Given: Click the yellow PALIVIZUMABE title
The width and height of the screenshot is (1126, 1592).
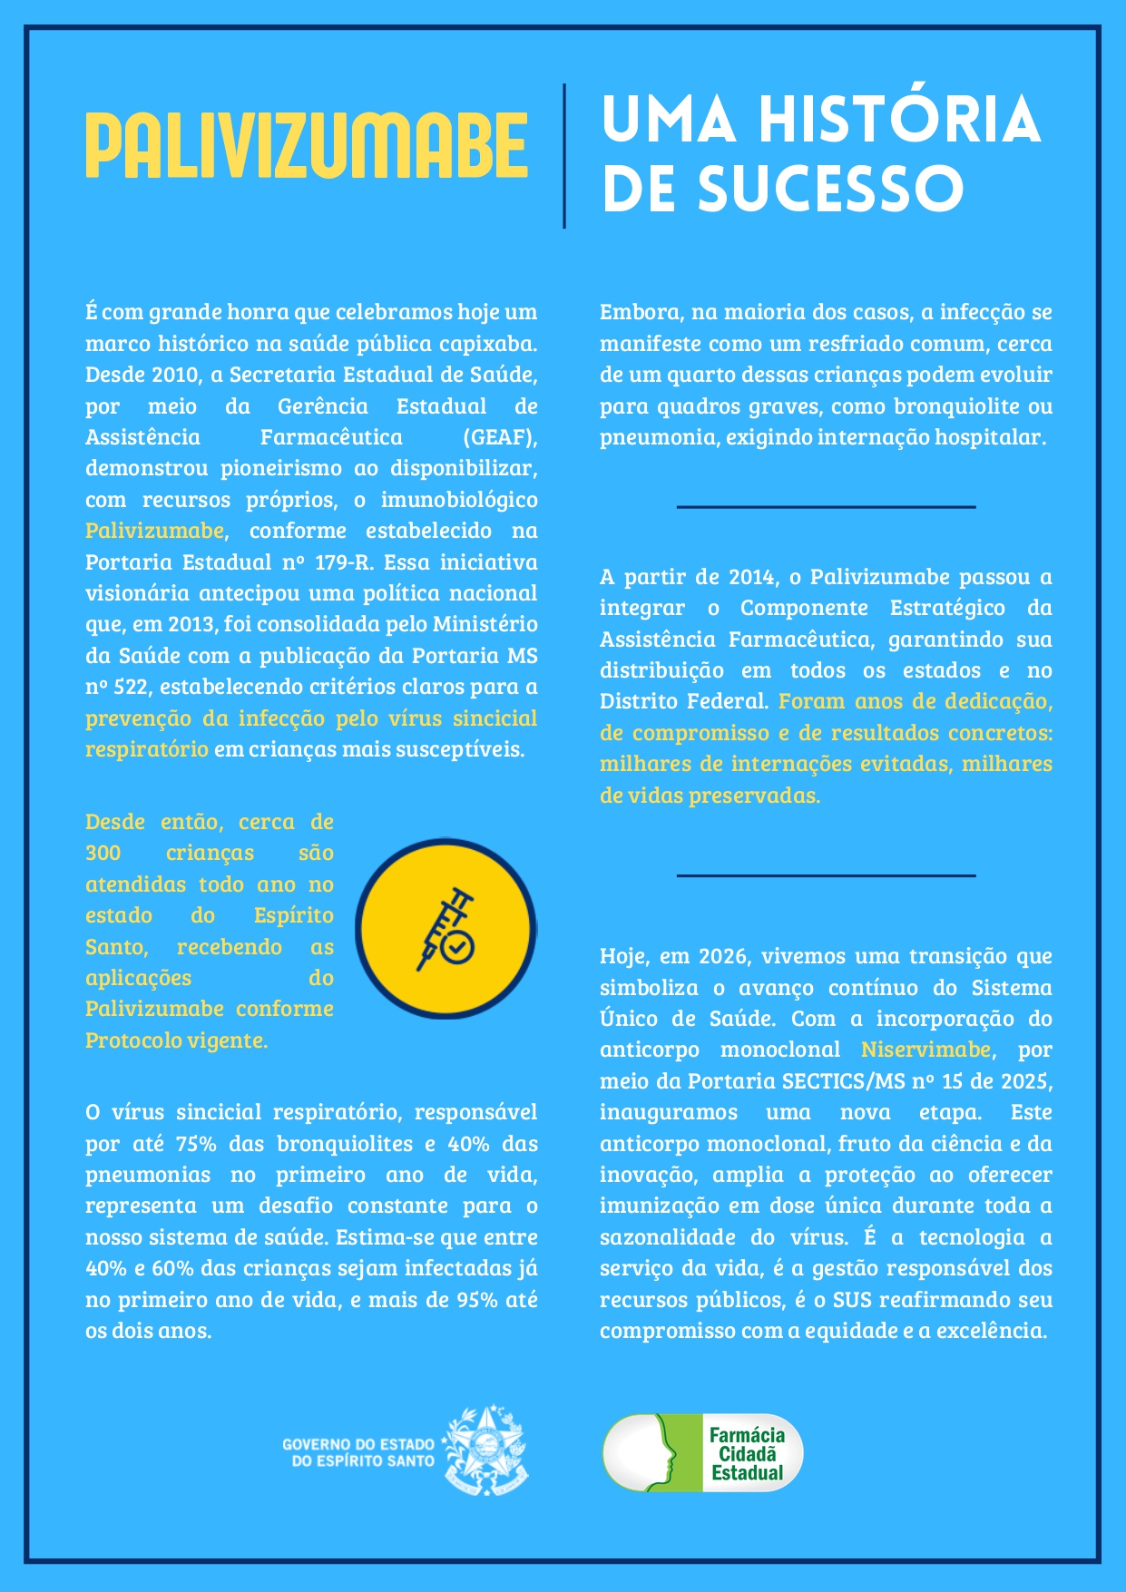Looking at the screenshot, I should [x=307, y=145].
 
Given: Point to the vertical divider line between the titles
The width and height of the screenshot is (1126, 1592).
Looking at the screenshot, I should [x=564, y=155].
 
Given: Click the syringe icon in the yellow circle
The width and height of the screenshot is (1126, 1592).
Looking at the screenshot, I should [x=446, y=929].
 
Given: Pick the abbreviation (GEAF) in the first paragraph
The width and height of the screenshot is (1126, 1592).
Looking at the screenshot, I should [x=500, y=437].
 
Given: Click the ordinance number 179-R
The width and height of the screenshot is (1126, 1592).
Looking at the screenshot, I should [x=343, y=562].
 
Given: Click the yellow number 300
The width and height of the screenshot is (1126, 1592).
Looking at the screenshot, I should [x=103, y=854].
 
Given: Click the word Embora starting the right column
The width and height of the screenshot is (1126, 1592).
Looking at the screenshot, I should [x=640, y=312].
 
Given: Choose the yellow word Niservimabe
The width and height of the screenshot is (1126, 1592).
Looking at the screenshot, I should [x=925, y=1050].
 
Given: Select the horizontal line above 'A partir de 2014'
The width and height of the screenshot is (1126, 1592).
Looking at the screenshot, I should [x=826, y=507].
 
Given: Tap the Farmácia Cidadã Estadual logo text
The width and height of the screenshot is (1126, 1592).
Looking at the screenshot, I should [x=747, y=1454].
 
